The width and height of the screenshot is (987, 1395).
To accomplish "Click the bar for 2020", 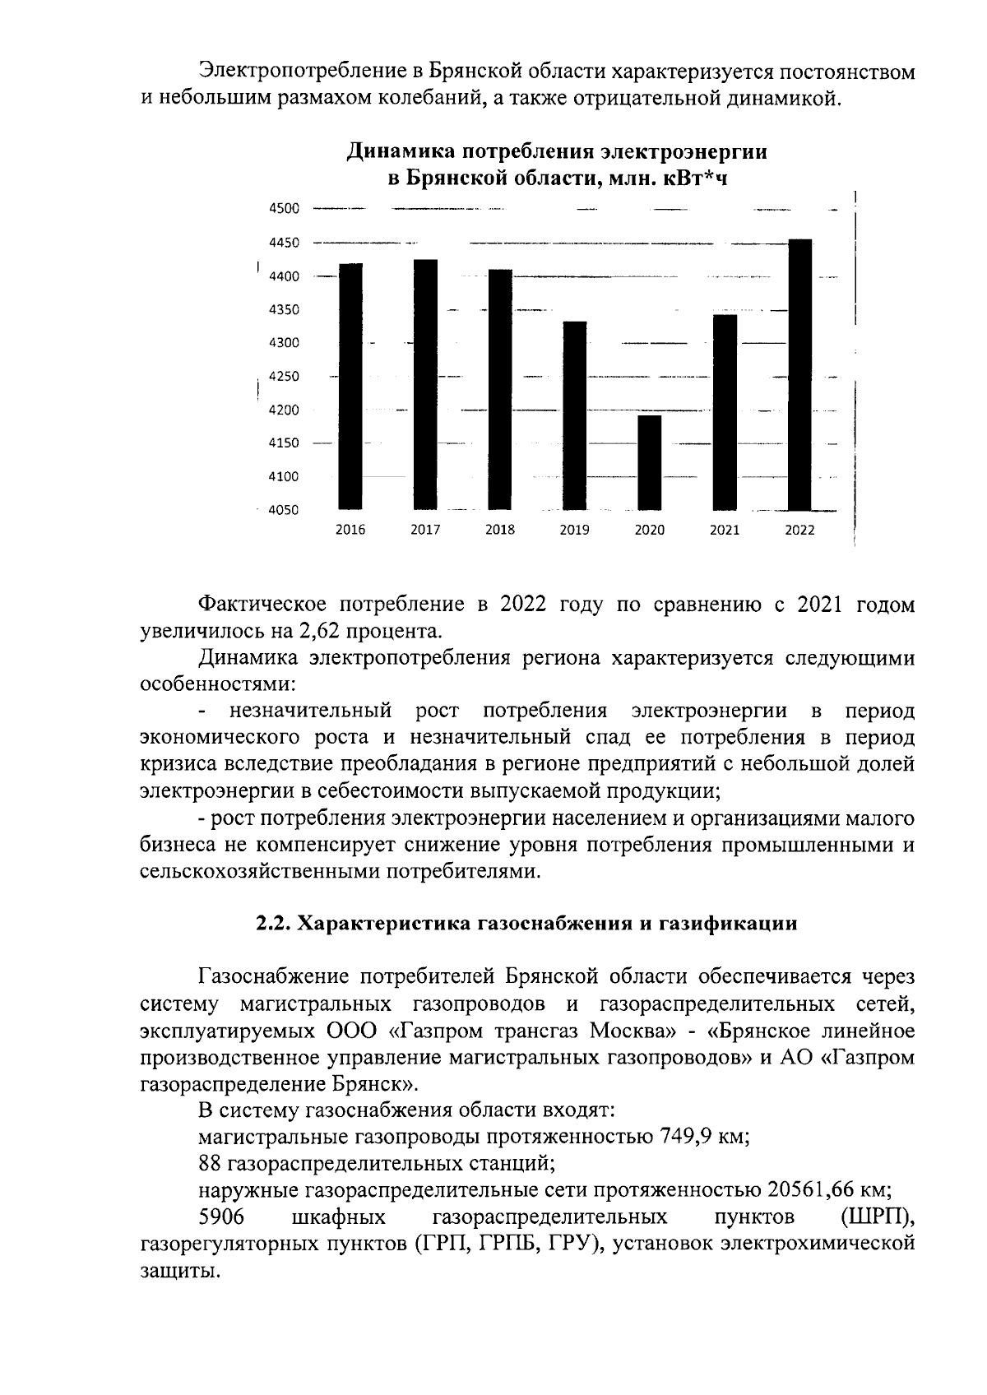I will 649,462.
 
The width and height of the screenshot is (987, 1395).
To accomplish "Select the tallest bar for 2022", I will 799,374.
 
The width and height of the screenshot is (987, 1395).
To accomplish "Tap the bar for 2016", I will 350,387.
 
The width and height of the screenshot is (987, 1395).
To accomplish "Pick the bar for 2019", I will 574,415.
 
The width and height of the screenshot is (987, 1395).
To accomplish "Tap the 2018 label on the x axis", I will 500,531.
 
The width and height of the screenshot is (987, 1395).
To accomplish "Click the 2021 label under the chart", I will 725,531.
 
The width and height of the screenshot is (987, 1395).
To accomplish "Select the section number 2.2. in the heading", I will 272,923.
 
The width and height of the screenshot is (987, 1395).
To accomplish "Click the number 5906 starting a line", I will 221,1216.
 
